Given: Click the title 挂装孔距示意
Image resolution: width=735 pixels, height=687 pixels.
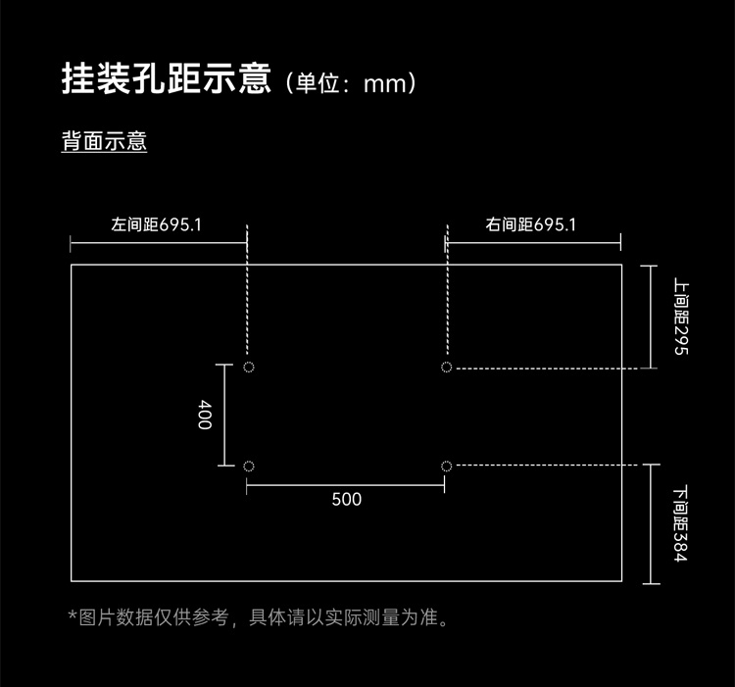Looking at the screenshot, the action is tap(167, 78).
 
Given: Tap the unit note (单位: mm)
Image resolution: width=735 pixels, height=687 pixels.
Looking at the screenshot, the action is tap(350, 83).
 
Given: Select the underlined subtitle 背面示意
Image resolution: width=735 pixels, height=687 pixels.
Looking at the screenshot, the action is tap(104, 140).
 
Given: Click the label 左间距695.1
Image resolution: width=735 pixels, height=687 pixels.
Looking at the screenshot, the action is tap(156, 224).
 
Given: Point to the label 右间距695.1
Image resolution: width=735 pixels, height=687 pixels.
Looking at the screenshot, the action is tap(530, 224).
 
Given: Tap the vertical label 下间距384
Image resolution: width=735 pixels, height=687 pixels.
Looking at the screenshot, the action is tap(680, 524).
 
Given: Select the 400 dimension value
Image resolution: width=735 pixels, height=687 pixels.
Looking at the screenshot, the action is tap(205, 415).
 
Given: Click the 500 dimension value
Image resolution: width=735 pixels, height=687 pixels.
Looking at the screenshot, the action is tap(346, 500).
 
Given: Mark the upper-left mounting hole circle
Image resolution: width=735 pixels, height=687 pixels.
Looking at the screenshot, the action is tap(249, 367).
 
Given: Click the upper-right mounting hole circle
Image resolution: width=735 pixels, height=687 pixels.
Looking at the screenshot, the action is tap(446, 367).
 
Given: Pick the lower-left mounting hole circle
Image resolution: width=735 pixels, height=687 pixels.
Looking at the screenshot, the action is tap(249, 466).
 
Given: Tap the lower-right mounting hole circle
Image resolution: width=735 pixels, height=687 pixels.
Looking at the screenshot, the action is tap(446, 466).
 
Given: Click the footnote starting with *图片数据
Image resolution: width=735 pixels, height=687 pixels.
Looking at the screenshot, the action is tap(259, 617).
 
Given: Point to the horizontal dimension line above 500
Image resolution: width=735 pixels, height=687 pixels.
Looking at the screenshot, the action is tap(346, 485).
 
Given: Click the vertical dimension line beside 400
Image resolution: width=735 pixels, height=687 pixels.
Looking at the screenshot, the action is tap(224, 416).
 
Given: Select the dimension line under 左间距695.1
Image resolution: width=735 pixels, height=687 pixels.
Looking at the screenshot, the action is tap(159, 243).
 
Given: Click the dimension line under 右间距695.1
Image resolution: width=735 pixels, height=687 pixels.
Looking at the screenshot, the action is tap(533, 243).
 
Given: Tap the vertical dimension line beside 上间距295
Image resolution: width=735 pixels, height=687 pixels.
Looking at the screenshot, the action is tap(650, 317).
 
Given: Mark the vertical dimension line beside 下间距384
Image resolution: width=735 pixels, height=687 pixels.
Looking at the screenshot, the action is tap(651, 524).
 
